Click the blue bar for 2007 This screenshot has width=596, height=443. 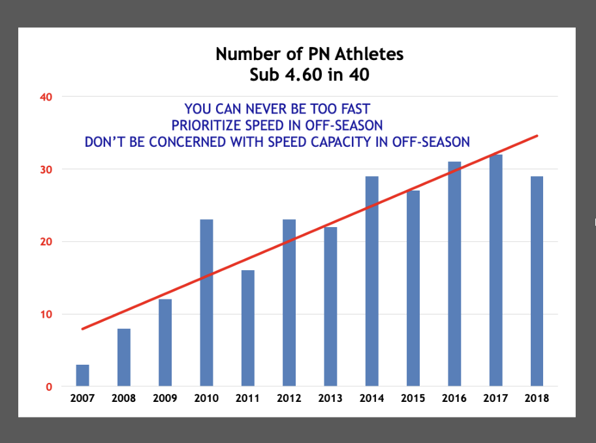[82, 376]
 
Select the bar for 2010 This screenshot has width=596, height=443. [206, 303]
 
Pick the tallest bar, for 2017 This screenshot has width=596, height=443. [495, 270]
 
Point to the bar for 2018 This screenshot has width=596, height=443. [537, 281]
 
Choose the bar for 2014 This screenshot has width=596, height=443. [371, 281]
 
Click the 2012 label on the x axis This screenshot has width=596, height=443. [289, 399]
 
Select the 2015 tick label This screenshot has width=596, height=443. [413, 399]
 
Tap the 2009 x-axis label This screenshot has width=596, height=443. [165, 399]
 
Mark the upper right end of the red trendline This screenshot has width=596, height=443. [537, 136]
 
